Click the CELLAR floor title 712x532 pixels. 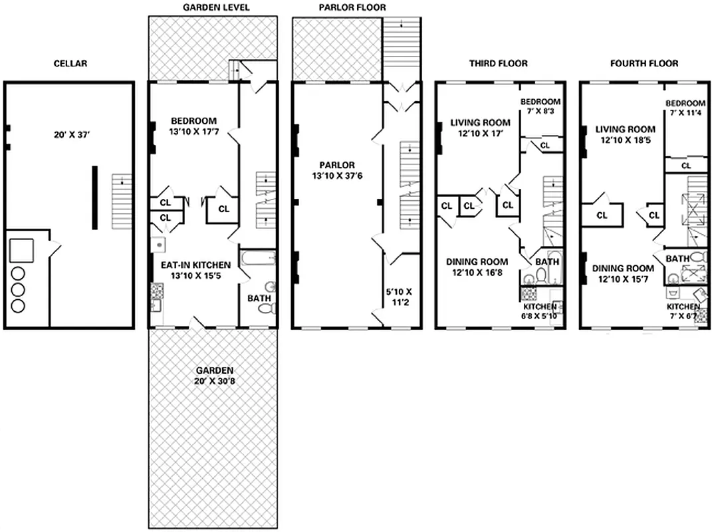[70, 64]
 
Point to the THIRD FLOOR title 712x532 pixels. [498, 64]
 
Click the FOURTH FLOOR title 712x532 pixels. [644, 64]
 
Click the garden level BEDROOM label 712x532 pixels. [193, 121]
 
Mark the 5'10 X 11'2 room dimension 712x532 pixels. [399, 297]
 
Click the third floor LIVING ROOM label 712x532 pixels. [480, 122]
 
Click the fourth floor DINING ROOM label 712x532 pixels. [622, 269]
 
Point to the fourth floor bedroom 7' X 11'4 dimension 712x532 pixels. [685, 114]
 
